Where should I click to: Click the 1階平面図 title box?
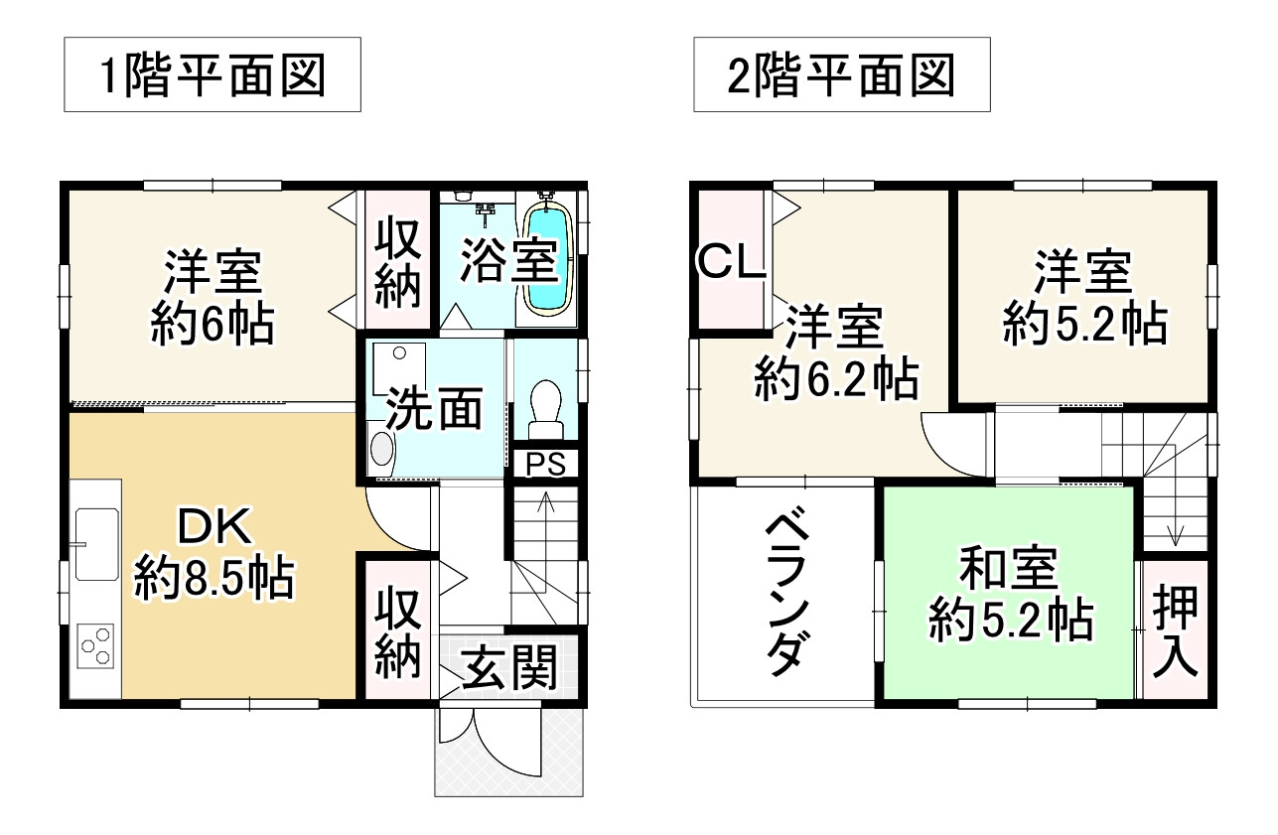point(213,74)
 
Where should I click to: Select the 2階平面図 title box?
point(841,74)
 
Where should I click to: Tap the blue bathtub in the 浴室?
point(547,260)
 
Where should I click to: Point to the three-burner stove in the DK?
point(96,647)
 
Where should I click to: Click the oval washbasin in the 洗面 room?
point(381,449)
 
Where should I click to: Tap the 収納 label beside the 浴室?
point(398,260)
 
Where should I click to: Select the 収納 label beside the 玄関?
point(398,632)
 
